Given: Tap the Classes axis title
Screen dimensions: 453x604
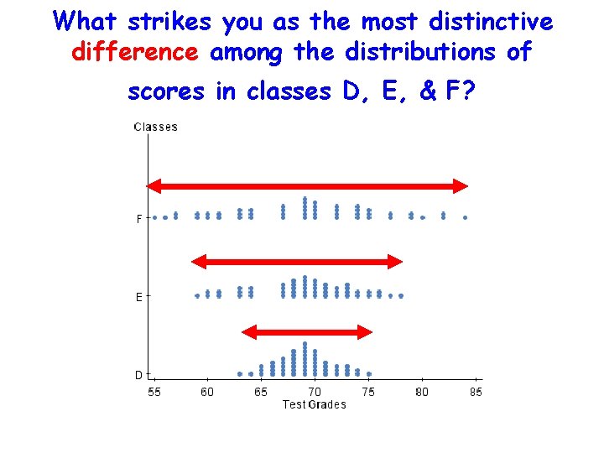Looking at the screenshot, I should click(156, 128).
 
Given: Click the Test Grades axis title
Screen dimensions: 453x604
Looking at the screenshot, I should click(315, 404).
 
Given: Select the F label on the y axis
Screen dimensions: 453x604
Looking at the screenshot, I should click(139, 219).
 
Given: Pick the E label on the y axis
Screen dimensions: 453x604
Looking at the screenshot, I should click(139, 297).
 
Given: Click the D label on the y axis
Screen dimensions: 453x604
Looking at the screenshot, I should click(139, 375).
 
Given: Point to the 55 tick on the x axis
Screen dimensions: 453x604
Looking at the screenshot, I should click(155, 392).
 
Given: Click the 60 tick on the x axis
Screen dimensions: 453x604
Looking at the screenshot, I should click(208, 392).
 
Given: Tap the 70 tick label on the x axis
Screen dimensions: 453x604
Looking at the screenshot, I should click(315, 392).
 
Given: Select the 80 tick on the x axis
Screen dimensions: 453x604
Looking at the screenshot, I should click(422, 392).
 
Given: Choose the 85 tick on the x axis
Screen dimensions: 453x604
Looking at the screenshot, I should click(476, 392).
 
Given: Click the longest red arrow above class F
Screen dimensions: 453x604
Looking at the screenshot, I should click(307, 186).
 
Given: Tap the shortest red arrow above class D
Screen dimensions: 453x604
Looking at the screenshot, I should click(307, 332).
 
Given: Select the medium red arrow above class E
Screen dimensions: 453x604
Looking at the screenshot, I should click(298, 262).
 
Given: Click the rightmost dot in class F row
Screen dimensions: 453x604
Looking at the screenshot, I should click(465, 217).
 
